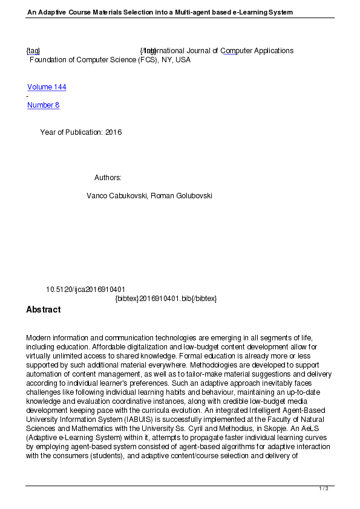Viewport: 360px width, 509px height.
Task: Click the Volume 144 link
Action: pyautogui.click(x=47, y=87)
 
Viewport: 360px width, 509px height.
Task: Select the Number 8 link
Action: pyautogui.click(x=43, y=105)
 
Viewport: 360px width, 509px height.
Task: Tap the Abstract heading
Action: pyautogui.click(x=43, y=310)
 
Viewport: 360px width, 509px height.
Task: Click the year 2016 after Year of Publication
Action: pyautogui.click(x=113, y=132)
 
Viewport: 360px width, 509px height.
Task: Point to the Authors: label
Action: pyautogui.click(x=108, y=178)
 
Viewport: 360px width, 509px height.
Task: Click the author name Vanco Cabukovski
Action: pyautogui.click(x=117, y=196)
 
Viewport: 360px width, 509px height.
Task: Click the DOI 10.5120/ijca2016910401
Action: pyautogui.click(x=85, y=290)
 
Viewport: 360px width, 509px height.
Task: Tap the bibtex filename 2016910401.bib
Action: pyautogui.click(x=166, y=299)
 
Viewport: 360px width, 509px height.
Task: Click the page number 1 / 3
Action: pyautogui.click(x=324, y=488)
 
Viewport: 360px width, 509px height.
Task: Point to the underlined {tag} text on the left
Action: pyautogui.click(x=33, y=51)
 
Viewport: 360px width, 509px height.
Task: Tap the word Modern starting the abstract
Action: pyautogui.click(x=39, y=337)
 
